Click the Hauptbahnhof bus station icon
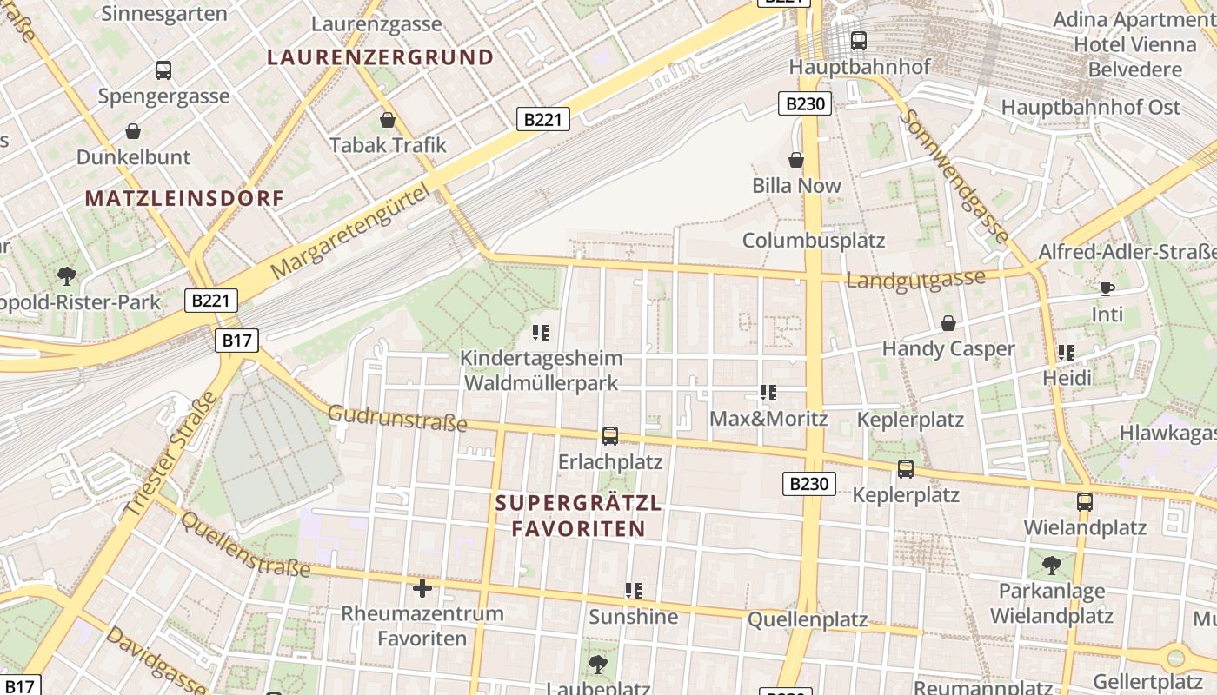tap(859, 40)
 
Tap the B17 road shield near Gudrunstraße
tap(236, 340)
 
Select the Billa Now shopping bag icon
tap(795, 160)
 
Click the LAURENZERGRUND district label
tap(380, 57)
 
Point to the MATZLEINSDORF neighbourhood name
tap(184, 198)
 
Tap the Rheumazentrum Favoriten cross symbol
tap(422, 588)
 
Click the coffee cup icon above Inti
tap(1107, 288)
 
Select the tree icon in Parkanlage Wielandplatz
tap(1051, 566)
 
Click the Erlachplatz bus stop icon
tap(610, 435)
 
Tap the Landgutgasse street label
tap(915, 280)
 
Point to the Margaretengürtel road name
tap(349, 231)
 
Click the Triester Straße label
tap(171, 456)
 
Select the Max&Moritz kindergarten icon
tap(768, 393)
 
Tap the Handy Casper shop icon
tap(948, 323)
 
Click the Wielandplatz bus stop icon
tap(1084, 501)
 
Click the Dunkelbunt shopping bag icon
tap(133, 131)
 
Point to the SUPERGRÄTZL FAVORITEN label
tap(578, 516)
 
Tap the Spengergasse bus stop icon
tap(163, 69)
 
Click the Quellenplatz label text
tap(808, 619)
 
